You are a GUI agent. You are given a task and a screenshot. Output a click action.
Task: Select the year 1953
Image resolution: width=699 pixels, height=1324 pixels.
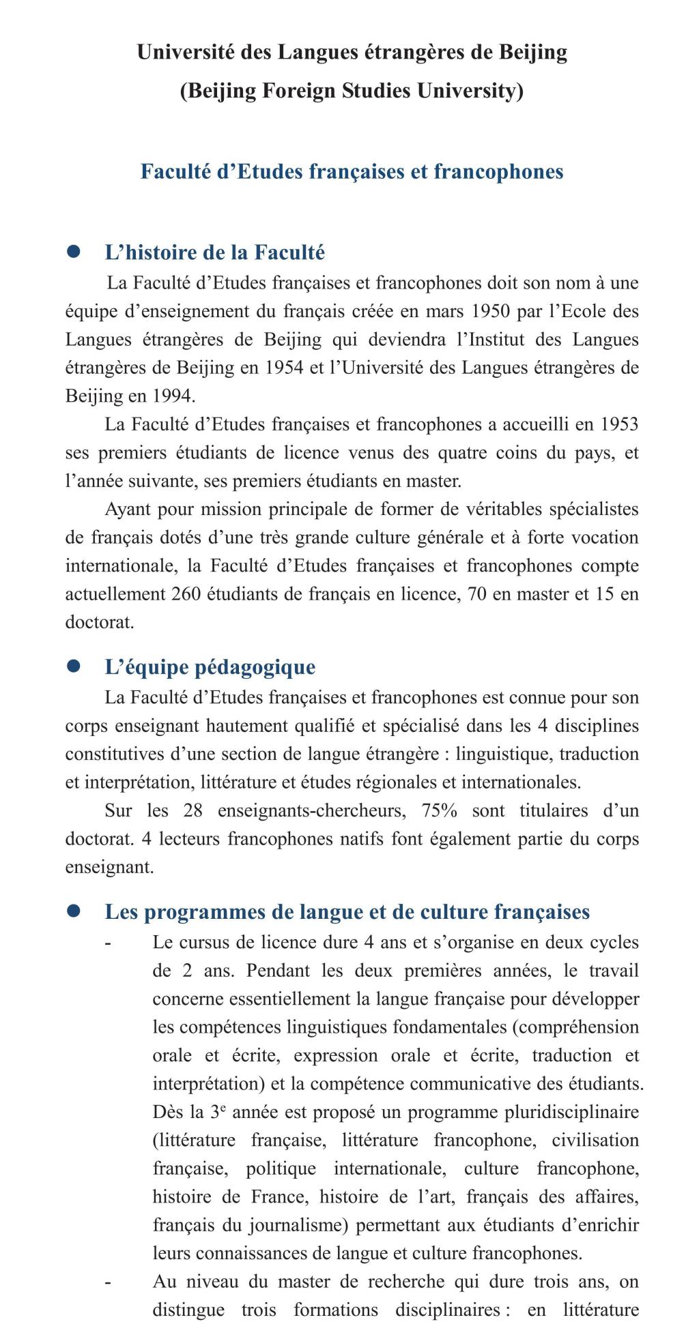[619, 424]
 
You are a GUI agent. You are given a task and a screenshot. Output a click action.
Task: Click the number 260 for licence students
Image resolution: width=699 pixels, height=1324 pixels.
[186, 593]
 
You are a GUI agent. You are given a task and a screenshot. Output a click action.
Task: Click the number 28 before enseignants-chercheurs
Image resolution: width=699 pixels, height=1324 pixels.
[193, 810]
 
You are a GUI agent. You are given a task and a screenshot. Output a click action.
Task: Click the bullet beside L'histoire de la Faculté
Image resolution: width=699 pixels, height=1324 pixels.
[74, 252]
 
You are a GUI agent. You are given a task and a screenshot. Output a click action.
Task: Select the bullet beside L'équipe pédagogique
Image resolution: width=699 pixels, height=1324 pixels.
[74, 666]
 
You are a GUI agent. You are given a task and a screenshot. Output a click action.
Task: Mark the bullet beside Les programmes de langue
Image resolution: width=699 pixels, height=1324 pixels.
[74, 911]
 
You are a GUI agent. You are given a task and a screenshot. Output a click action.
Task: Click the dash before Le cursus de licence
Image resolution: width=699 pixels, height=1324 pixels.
[108, 943]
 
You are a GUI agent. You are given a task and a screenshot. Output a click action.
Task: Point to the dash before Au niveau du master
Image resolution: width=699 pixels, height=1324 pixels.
[108, 1282]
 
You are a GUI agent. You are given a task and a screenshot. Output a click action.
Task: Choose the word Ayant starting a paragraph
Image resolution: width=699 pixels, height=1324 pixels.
[127, 509]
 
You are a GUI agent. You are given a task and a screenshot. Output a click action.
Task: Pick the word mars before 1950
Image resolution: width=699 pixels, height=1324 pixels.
[444, 311]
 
